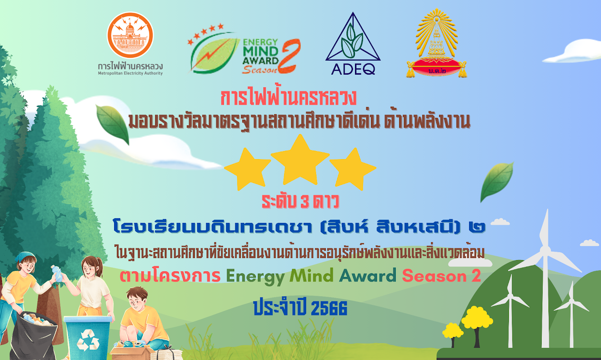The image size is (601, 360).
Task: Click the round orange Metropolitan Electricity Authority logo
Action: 130,35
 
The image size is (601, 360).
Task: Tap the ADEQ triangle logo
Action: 353,44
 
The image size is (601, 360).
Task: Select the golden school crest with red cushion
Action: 437,43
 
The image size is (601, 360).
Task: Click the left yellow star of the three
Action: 247,169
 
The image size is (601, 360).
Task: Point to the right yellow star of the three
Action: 353,169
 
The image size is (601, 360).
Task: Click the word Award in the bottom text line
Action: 368,276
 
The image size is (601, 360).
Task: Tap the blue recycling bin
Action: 88,337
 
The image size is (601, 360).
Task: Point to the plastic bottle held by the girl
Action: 57,273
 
